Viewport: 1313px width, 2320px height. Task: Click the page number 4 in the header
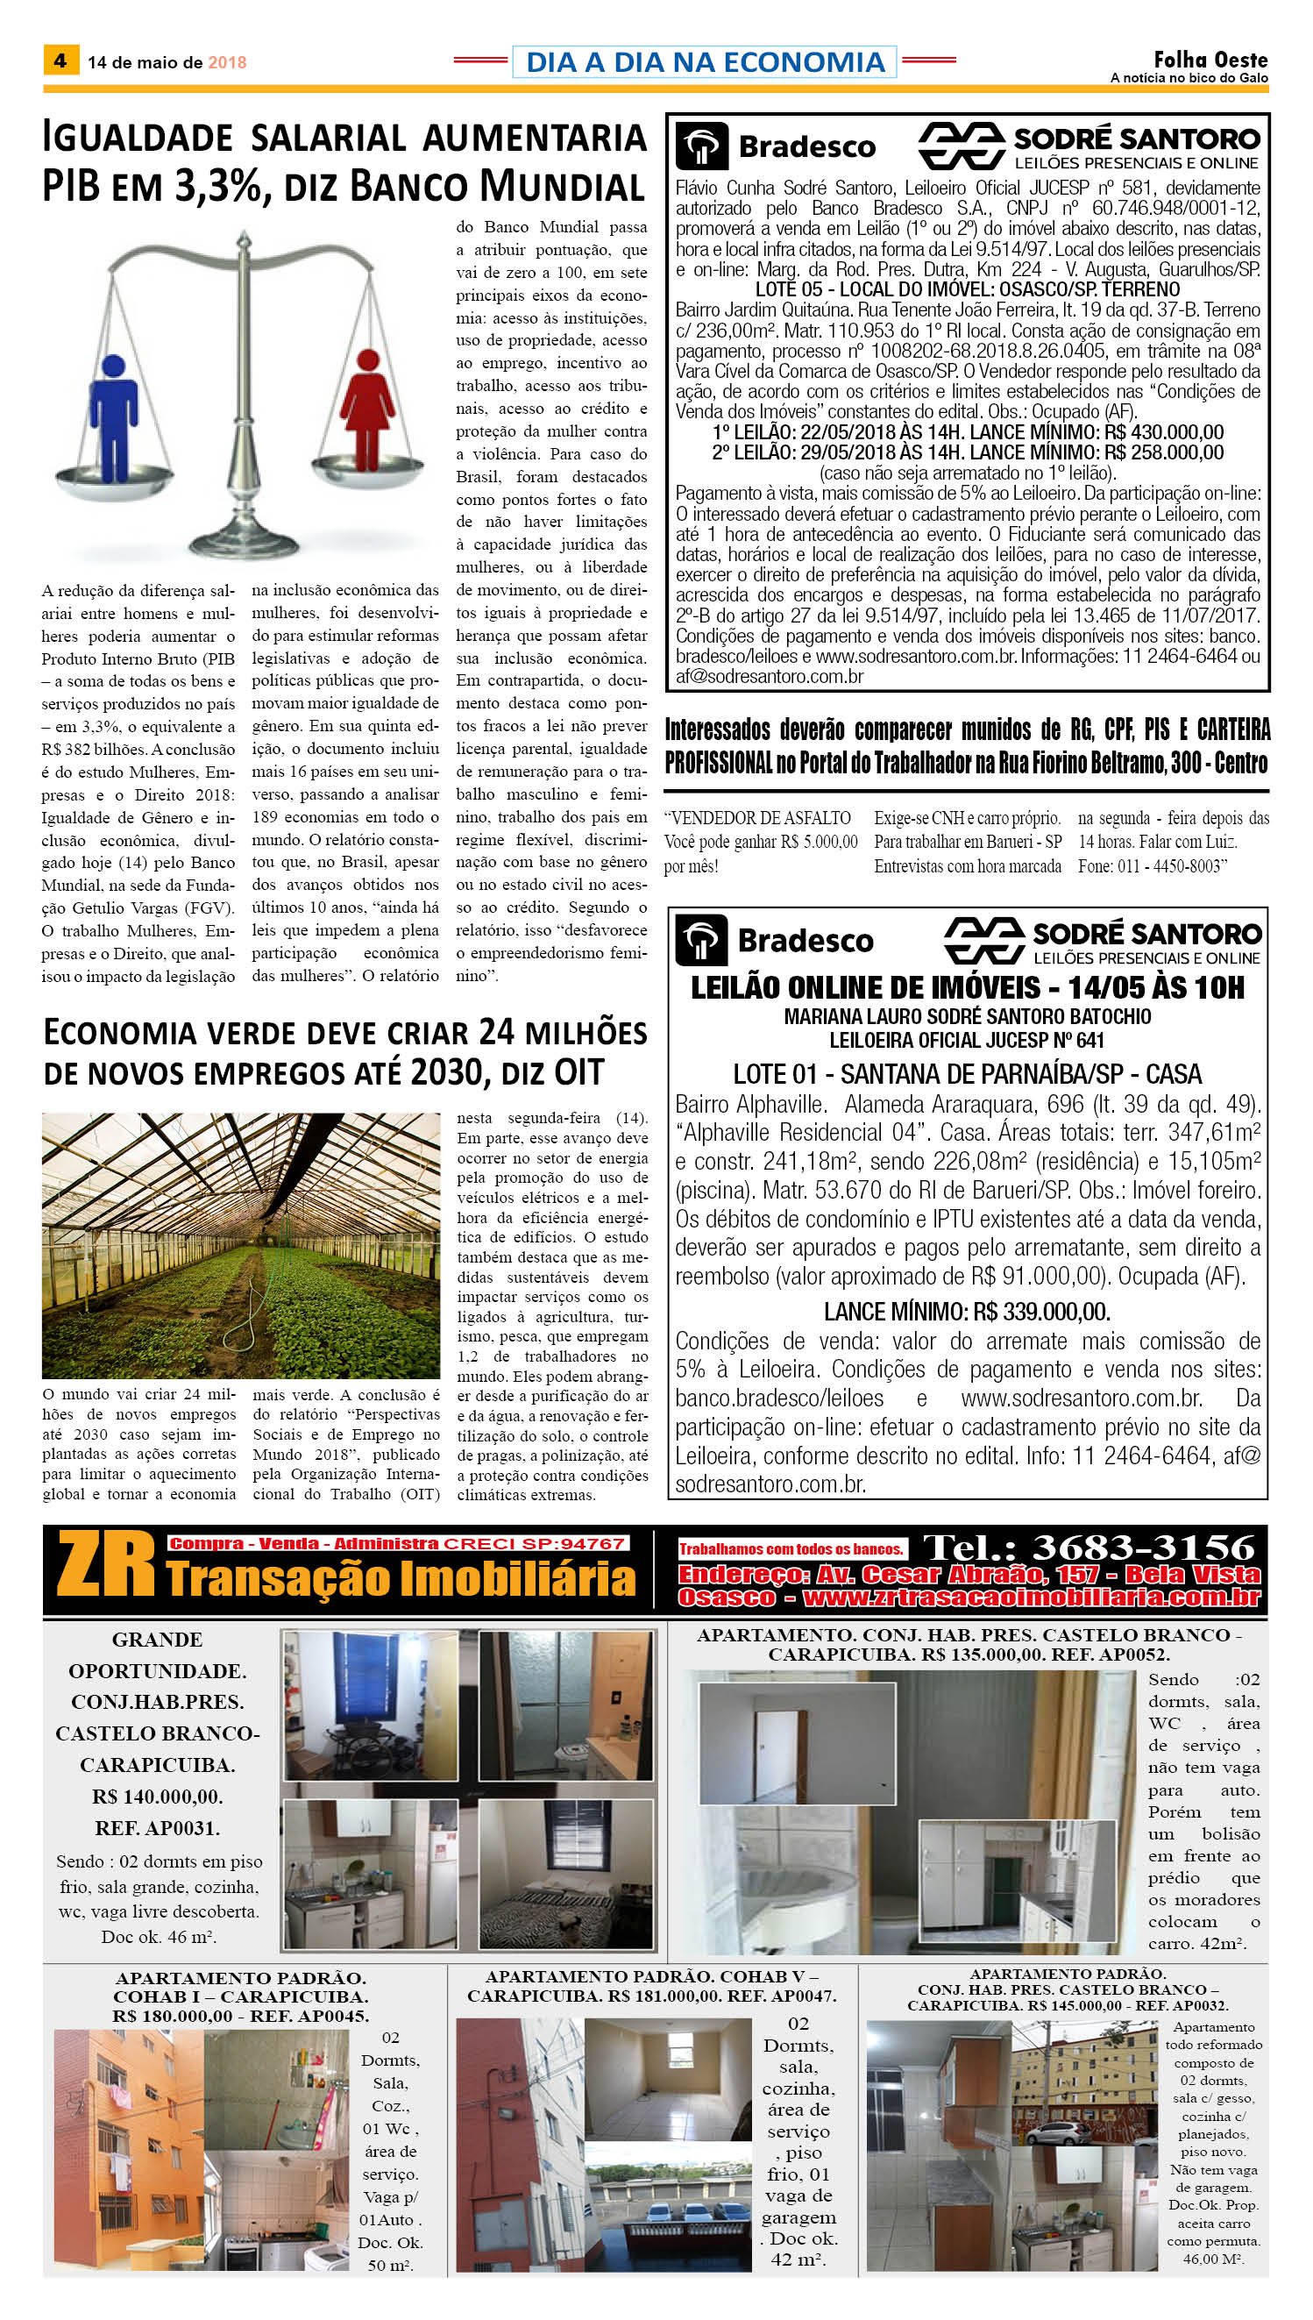click(60, 61)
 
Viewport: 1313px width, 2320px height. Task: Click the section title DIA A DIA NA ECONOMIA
click(705, 62)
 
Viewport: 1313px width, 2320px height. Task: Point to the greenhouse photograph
click(240, 1245)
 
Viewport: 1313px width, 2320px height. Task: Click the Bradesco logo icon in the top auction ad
click(701, 147)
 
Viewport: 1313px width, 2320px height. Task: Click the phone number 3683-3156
click(1089, 1548)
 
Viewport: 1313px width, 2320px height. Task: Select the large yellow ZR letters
click(105, 1567)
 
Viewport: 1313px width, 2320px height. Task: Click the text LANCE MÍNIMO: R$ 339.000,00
click(967, 1312)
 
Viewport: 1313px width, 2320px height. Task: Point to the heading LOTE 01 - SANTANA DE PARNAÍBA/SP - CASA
click(967, 1074)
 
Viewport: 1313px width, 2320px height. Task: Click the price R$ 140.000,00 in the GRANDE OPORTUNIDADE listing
click(157, 1796)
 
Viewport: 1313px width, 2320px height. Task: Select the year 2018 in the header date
click(227, 62)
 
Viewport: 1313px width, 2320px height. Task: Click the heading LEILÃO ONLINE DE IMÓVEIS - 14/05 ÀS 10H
click(967, 988)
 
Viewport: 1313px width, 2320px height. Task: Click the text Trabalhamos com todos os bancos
click(791, 1548)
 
